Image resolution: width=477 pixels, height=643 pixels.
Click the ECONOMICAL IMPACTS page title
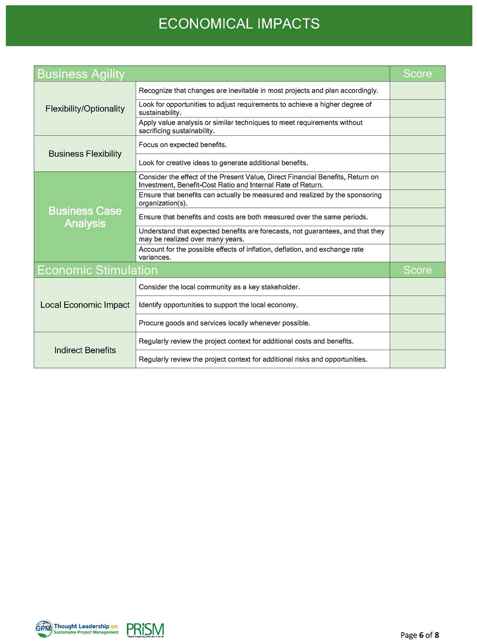pos(239,24)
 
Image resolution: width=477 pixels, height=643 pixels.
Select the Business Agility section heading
pos(81,74)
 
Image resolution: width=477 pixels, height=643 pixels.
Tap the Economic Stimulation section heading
pos(97,270)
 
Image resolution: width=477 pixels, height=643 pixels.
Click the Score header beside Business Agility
pos(417,74)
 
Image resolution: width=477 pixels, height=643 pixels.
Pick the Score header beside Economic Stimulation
pos(417,270)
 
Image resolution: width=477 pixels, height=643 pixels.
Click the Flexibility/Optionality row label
pos(85,109)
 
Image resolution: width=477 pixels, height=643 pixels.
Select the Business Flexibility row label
pos(85,154)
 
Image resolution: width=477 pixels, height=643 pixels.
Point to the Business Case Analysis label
pos(85,217)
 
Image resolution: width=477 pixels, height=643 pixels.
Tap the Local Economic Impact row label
pos(85,305)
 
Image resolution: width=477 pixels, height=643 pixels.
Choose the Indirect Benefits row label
pos(85,350)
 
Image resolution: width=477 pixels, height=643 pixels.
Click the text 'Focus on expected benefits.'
pos(183,145)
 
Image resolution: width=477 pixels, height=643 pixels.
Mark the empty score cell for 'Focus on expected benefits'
pos(417,145)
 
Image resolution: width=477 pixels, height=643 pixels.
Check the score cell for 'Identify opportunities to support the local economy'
pos(417,305)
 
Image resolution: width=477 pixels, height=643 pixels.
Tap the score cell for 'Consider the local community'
pos(417,287)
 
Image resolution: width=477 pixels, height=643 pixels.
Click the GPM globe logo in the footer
pos(43,629)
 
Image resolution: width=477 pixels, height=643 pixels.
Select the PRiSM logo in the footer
pos(145,630)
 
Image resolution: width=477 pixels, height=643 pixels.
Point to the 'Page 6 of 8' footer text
pos(419,635)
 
